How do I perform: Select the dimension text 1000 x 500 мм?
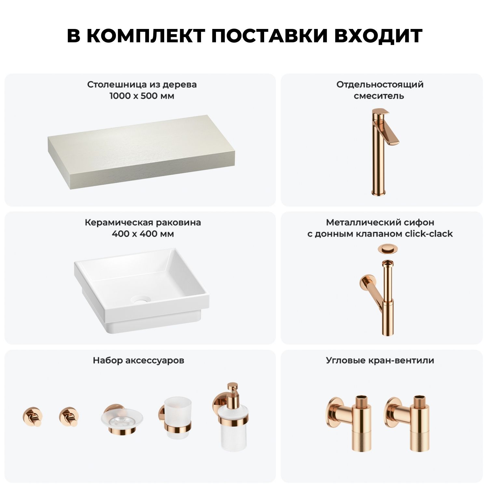point(142,96)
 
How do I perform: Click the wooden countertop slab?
point(142,153)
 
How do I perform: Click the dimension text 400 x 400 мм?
point(142,234)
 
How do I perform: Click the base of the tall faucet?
point(378,191)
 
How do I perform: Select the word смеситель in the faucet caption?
point(379,96)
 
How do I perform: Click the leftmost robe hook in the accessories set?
point(33,416)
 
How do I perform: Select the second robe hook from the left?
point(69,416)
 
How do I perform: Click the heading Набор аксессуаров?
point(139,360)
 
